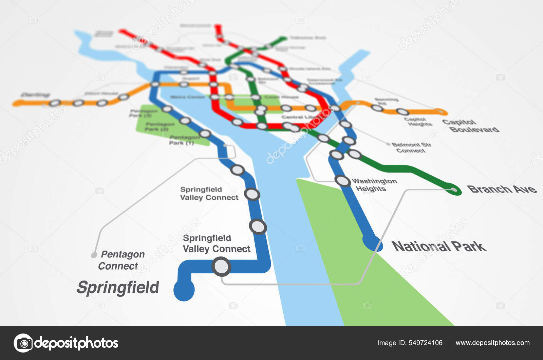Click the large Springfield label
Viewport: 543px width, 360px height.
(118, 288)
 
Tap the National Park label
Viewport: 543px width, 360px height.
(439, 246)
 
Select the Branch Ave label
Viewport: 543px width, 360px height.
(502, 189)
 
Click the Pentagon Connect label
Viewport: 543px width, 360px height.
(120, 260)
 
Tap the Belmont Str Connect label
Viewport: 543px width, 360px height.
(411, 147)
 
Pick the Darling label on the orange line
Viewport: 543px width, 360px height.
(35, 95)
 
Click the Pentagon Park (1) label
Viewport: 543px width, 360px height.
(184, 140)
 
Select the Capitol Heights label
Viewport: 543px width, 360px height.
(417, 122)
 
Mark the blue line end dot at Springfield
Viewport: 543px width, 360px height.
(184, 290)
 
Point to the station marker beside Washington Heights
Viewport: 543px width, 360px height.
(343, 181)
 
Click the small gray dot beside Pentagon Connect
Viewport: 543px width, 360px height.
(94, 255)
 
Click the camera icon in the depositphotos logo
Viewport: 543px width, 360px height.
(23, 343)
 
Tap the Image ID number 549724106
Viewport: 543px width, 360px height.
(426, 343)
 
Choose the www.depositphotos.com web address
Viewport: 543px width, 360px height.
(492, 343)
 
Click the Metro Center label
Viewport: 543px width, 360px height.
(187, 97)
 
